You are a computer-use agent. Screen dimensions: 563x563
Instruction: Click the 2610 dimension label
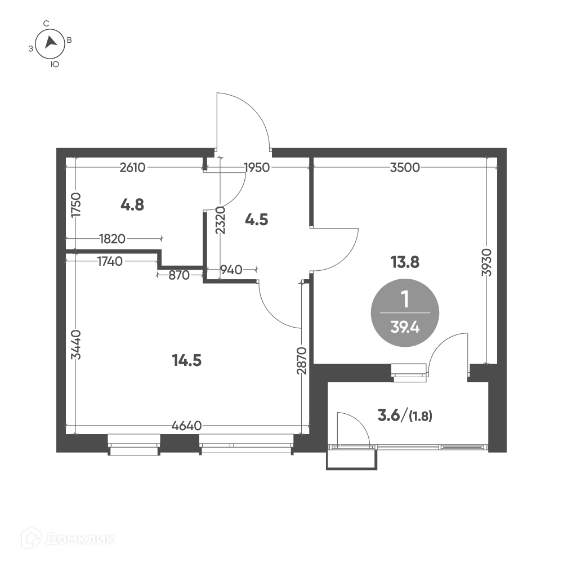click(x=132, y=167)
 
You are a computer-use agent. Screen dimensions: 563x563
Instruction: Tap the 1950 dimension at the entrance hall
click(x=256, y=167)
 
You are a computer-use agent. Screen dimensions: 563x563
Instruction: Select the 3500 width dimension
click(x=405, y=167)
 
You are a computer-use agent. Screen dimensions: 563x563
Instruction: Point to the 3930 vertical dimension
click(x=486, y=262)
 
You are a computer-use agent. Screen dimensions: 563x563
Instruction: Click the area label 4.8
click(x=132, y=205)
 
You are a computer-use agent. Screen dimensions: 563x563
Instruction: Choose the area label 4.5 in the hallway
click(x=256, y=220)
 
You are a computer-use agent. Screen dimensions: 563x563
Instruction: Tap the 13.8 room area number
click(x=405, y=262)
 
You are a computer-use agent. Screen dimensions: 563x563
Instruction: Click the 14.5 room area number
click(x=187, y=360)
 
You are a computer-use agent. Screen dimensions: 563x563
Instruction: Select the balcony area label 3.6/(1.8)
click(x=405, y=416)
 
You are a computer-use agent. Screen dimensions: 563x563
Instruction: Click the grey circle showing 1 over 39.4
click(x=405, y=312)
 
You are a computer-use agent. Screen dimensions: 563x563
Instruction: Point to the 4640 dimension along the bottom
click(x=187, y=426)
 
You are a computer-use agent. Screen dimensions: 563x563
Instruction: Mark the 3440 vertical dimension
click(x=76, y=345)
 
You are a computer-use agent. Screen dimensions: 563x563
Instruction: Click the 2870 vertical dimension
click(x=302, y=360)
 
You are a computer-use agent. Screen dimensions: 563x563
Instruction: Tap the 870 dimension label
click(x=179, y=275)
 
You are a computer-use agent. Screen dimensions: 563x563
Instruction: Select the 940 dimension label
click(x=231, y=270)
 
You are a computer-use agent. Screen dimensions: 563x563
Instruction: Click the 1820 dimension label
click(x=113, y=239)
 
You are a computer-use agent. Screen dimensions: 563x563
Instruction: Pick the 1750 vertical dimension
click(x=76, y=205)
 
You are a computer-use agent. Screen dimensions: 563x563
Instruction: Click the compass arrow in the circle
click(x=51, y=42)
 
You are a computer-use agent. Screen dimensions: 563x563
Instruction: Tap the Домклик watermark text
click(x=80, y=539)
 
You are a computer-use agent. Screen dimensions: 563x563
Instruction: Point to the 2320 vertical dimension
click(x=221, y=220)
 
